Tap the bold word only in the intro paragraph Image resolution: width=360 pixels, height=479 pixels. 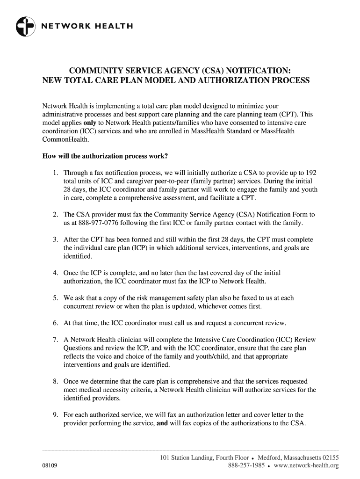click(x=90, y=123)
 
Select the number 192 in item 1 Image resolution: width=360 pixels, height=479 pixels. click(x=310, y=172)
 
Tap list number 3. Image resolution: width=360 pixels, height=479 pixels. click(x=55, y=239)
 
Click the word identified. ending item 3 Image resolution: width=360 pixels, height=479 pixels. click(x=78, y=256)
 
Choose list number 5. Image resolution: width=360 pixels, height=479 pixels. click(x=55, y=298)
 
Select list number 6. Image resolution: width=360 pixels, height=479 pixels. click(x=55, y=323)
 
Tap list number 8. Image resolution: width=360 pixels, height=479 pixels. click(x=55, y=382)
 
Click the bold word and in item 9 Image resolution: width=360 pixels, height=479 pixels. click(x=163, y=424)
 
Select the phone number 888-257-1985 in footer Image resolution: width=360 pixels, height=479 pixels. click(x=247, y=466)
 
